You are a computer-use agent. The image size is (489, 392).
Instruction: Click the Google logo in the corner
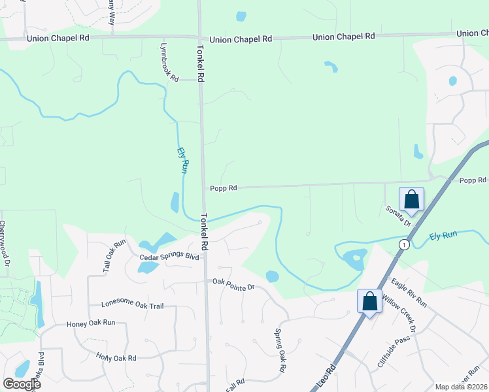pos(22,384)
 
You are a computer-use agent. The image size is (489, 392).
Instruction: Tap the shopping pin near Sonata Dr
pos(412,199)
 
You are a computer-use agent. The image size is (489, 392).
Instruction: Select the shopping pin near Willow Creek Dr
pos(369,302)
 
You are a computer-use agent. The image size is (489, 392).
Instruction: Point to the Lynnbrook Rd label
pos(169,63)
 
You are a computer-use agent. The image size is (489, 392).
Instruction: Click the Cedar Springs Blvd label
pos(169,257)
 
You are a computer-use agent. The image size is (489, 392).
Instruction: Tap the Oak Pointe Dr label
pos(232,282)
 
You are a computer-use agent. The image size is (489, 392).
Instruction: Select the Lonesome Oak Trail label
pos(133,305)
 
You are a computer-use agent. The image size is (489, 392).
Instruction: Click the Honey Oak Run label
pos(91,323)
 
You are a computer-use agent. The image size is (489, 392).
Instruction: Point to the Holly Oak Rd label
pos(116,358)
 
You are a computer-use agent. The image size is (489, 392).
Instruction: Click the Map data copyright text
pos(461,387)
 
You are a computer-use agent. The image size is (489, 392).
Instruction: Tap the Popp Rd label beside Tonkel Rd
pos(223,188)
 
